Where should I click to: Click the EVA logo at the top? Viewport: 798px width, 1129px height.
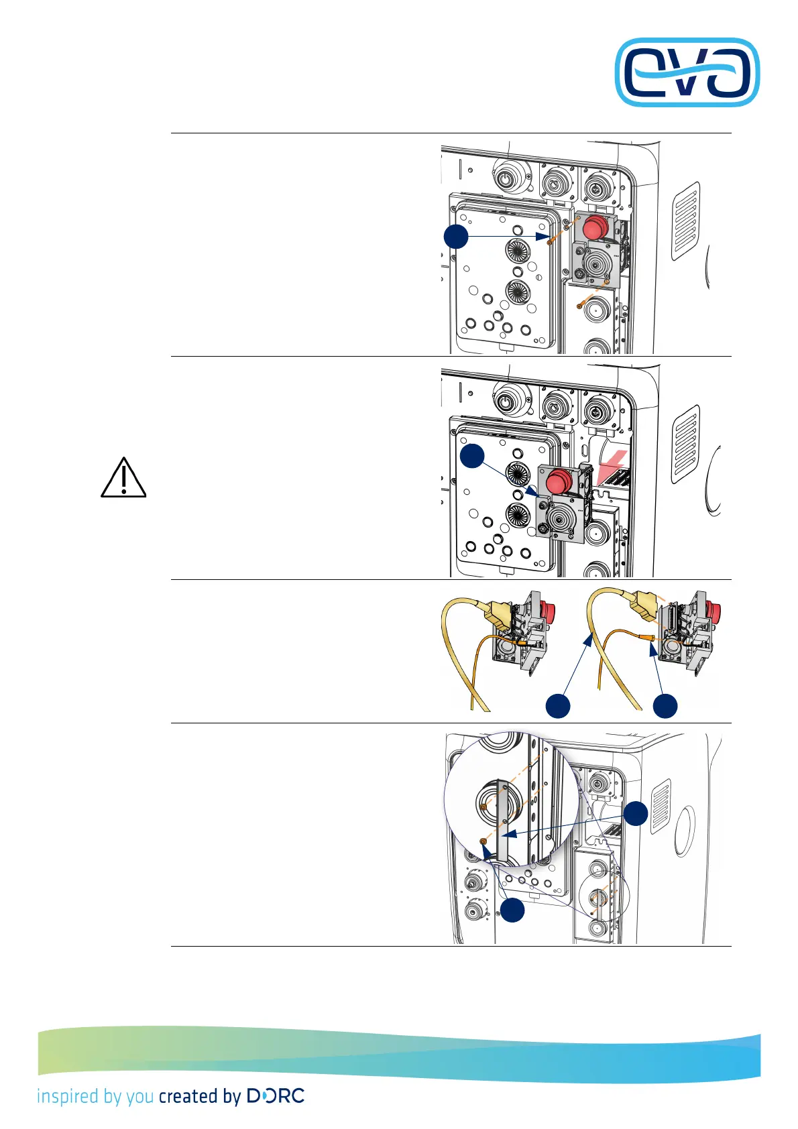pos(687,72)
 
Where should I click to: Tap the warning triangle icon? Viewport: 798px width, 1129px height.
pos(123,479)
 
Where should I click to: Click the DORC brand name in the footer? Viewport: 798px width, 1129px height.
pos(276,1096)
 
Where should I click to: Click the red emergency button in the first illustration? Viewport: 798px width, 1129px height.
pos(593,228)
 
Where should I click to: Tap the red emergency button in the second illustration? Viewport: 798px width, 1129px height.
pos(559,481)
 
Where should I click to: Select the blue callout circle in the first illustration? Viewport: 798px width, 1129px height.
pos(456,237)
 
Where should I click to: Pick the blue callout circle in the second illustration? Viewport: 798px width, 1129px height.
pos(472,456)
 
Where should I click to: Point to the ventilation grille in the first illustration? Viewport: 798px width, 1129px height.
pos(685,220)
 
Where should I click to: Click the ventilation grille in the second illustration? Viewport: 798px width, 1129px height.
pos(685,443)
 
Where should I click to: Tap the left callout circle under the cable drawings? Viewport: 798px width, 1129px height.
pos(558,706)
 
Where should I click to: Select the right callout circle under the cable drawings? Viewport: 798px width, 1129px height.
pos(665,706)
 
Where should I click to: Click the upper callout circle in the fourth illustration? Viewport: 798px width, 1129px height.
pos(636,813)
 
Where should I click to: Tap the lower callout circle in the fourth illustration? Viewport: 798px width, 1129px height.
pos(513,910)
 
